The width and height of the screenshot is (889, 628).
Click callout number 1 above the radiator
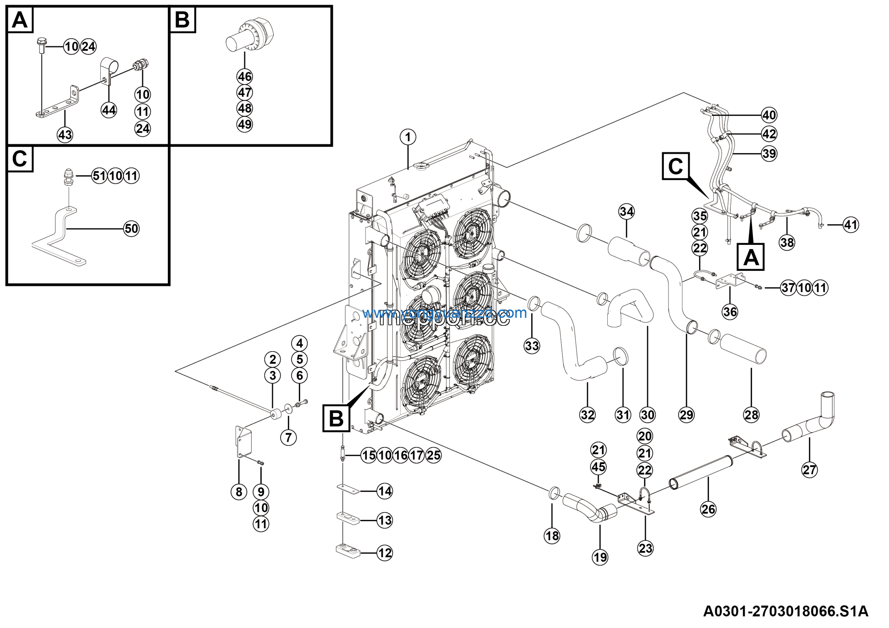click(408, 137)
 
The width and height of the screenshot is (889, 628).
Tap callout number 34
click(626, 212)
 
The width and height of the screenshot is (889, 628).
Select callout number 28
click(751, 415)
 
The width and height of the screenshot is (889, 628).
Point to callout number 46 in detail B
click(245, 77)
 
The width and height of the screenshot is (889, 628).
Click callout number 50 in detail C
click(131, 229)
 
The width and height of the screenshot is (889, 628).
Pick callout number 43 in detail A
click(65, 135)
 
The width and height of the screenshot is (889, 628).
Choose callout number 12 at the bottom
click(384, 553)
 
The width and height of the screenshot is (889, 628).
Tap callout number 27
click(809, 470)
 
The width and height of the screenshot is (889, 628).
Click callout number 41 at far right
click(851, 225)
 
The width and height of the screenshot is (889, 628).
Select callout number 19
click(600, 557)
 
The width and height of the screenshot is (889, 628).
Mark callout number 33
click(532, 346)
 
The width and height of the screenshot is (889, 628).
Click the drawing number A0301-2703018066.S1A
click(786, 611)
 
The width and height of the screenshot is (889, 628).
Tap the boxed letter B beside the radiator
click(336, 418)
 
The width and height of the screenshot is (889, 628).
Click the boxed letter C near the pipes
click(676, 166)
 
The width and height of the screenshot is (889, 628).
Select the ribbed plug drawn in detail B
click(250, 36)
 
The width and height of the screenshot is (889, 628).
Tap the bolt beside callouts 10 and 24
click(41, 45)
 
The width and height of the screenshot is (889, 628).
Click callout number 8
click(239, 492)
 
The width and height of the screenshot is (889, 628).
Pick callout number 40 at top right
click(769, 115)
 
